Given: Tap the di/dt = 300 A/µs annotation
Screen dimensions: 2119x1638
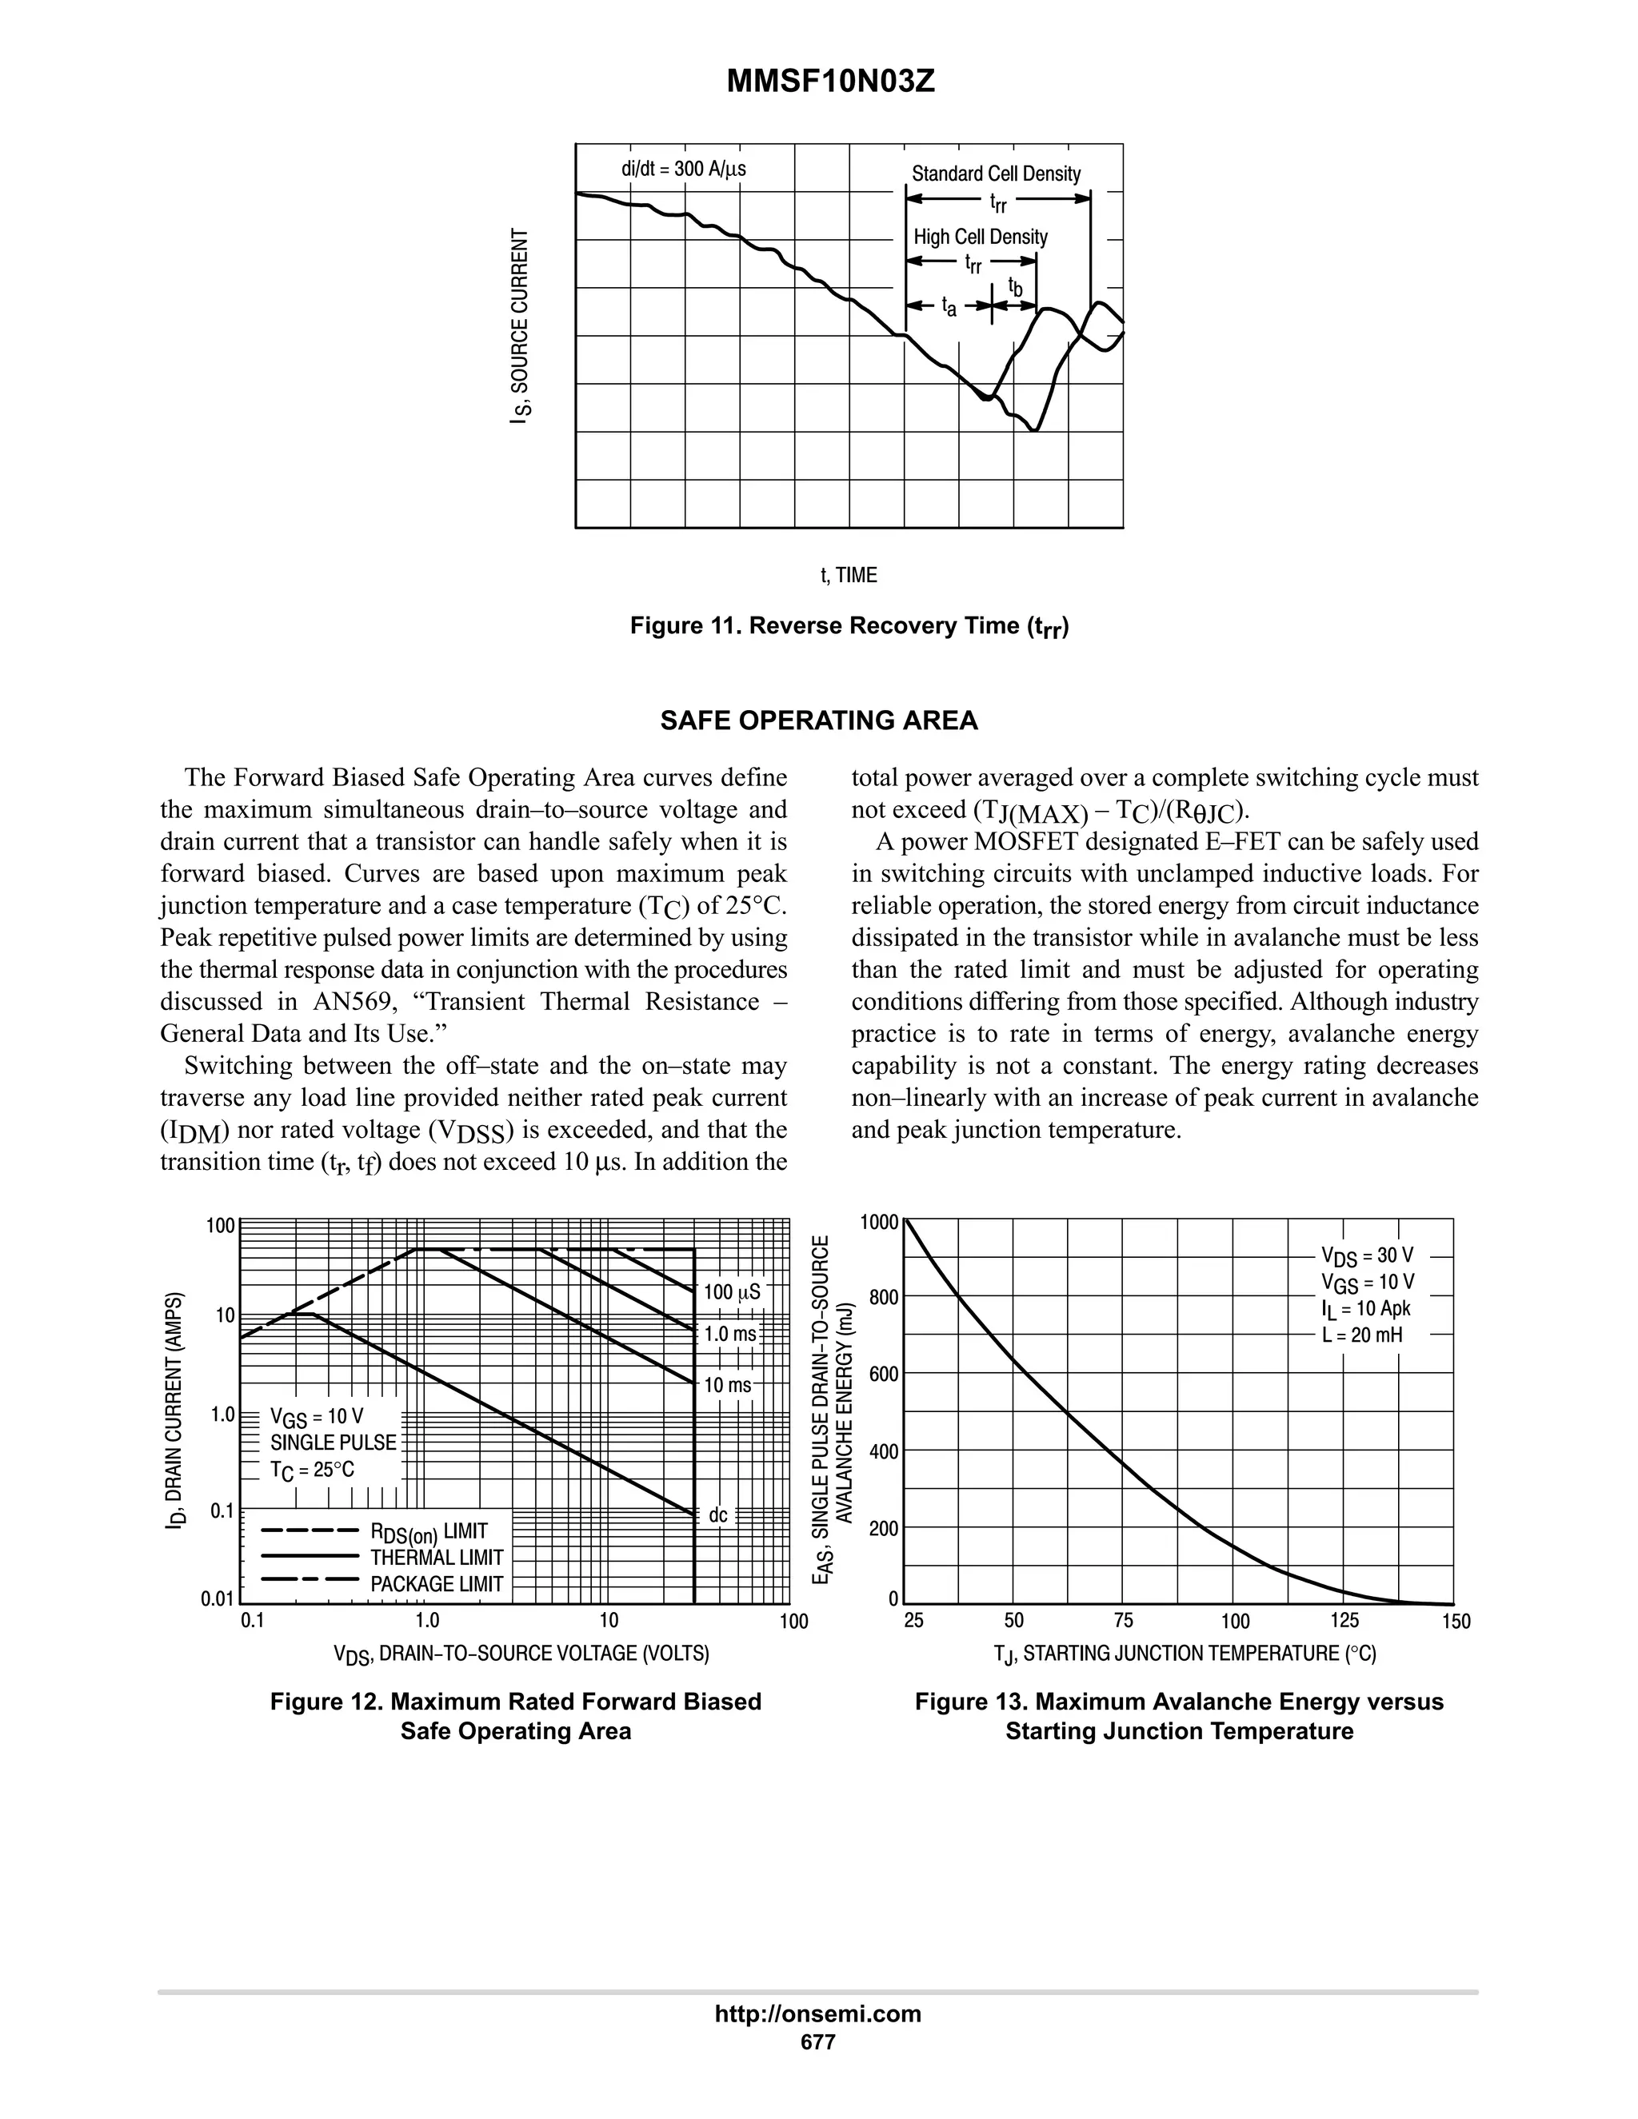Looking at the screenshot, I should click(x=684, y=169).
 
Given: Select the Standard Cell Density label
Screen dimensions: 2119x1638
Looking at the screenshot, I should click(x=996, y=174).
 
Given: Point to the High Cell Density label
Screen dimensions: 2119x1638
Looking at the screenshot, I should click(x=980, y=237).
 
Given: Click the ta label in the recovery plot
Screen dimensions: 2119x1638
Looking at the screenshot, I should click(x=949, y=308).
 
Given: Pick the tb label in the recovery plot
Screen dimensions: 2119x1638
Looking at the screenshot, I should click(x=1015, y=287).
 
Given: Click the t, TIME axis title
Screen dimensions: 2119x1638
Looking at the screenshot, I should click(x=849, y=576).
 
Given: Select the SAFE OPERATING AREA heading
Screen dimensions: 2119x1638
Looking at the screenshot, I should click(x=819, y=721).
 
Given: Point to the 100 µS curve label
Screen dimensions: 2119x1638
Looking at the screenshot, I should click(x=732, y=1292).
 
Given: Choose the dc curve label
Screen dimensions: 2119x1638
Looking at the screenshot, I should click(x=718, y=1515).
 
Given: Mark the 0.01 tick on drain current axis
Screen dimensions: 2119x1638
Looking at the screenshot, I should click(x=218, y=1599).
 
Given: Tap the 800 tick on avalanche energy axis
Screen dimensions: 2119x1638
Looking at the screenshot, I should click(x=883, y=1297).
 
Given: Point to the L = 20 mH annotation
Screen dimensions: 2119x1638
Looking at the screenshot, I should click(x=1361, y=1335).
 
